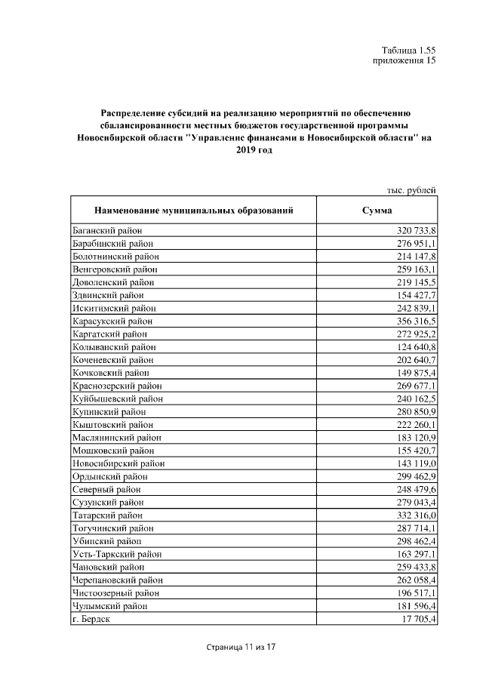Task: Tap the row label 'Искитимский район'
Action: [110, 307]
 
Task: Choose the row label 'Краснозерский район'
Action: [113, 386]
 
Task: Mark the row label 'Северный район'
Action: [104, 490]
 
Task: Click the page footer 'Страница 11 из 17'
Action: [241, 648]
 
